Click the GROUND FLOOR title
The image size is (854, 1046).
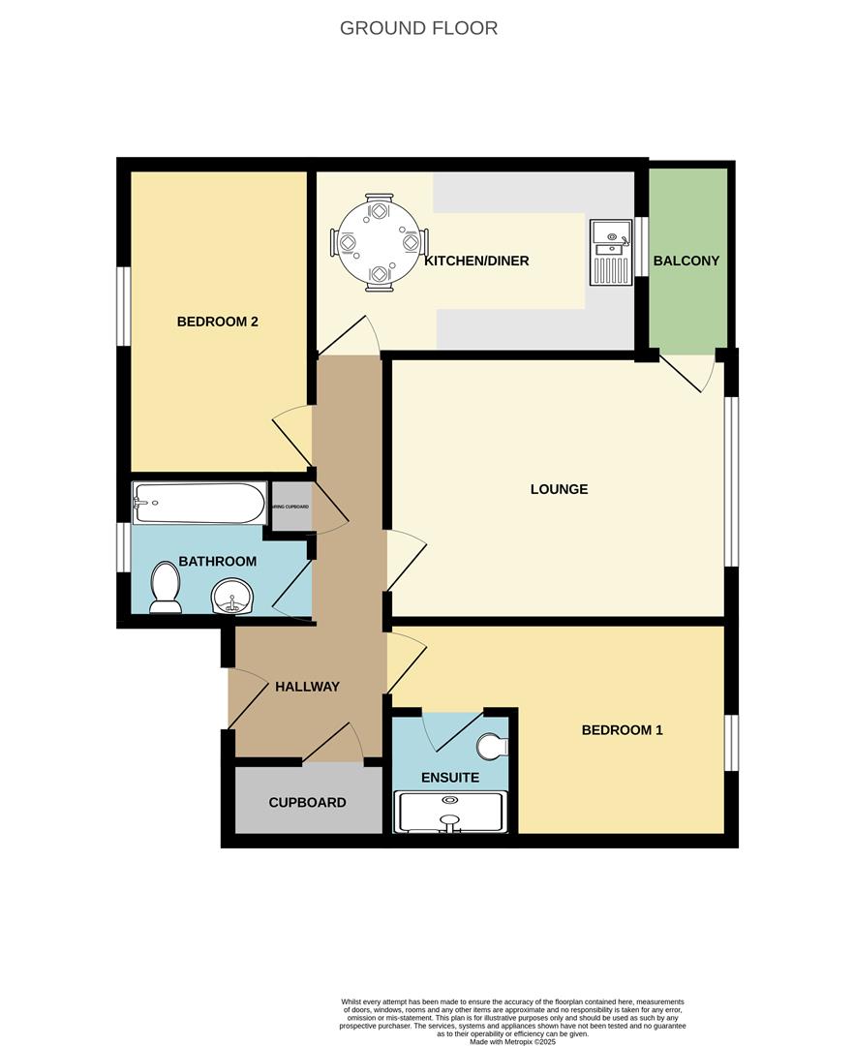(418, 28)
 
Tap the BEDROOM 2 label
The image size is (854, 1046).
(217, 322)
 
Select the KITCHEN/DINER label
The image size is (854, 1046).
(476, 261)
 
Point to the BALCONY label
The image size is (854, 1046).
(686, 261)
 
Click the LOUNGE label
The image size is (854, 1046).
(559, 489)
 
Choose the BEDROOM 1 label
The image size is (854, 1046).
(622, 730)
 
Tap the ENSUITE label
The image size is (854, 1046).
(449, 777)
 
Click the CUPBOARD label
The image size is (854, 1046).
(307, 802)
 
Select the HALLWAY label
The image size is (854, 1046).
(307, 687)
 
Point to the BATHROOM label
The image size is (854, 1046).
(218, 561)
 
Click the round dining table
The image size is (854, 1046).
(379, 242)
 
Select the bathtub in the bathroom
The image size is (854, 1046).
(199, 503)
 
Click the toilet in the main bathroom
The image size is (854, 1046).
(167, 589)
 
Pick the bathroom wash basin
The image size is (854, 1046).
(231, 597)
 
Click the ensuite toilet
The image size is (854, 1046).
(493, 747)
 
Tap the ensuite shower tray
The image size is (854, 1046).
(450, 812)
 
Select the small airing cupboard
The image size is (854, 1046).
(290, 507)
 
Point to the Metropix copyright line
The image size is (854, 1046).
(513, 1041)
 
